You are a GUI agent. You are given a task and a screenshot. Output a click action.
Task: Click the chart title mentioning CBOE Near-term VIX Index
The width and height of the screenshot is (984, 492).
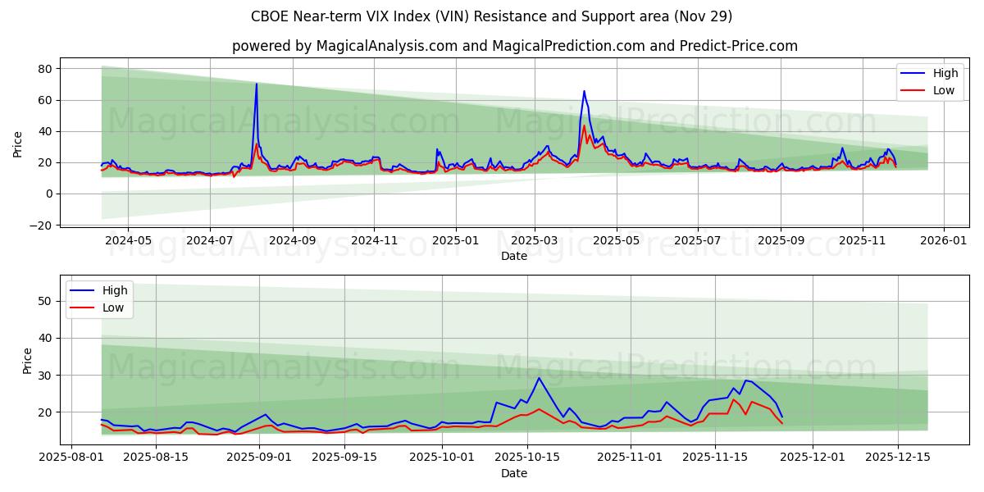point(491,16)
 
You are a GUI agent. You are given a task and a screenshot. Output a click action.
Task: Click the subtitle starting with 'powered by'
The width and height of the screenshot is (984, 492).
point(514,46)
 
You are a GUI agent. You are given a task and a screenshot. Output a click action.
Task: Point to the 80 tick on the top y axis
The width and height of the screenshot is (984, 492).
point(46,69)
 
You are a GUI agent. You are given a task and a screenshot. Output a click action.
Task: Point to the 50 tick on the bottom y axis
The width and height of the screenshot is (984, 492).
point(46,301)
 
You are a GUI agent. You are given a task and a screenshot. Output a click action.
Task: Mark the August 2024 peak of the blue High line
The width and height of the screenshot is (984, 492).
point(256,84)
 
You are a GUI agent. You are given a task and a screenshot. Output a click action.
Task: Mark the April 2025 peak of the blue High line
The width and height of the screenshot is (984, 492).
point(584,91)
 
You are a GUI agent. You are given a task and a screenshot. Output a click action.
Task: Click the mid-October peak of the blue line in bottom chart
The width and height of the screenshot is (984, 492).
point(539,378)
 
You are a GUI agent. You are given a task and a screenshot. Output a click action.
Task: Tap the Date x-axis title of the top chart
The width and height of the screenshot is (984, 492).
point(514,256)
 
